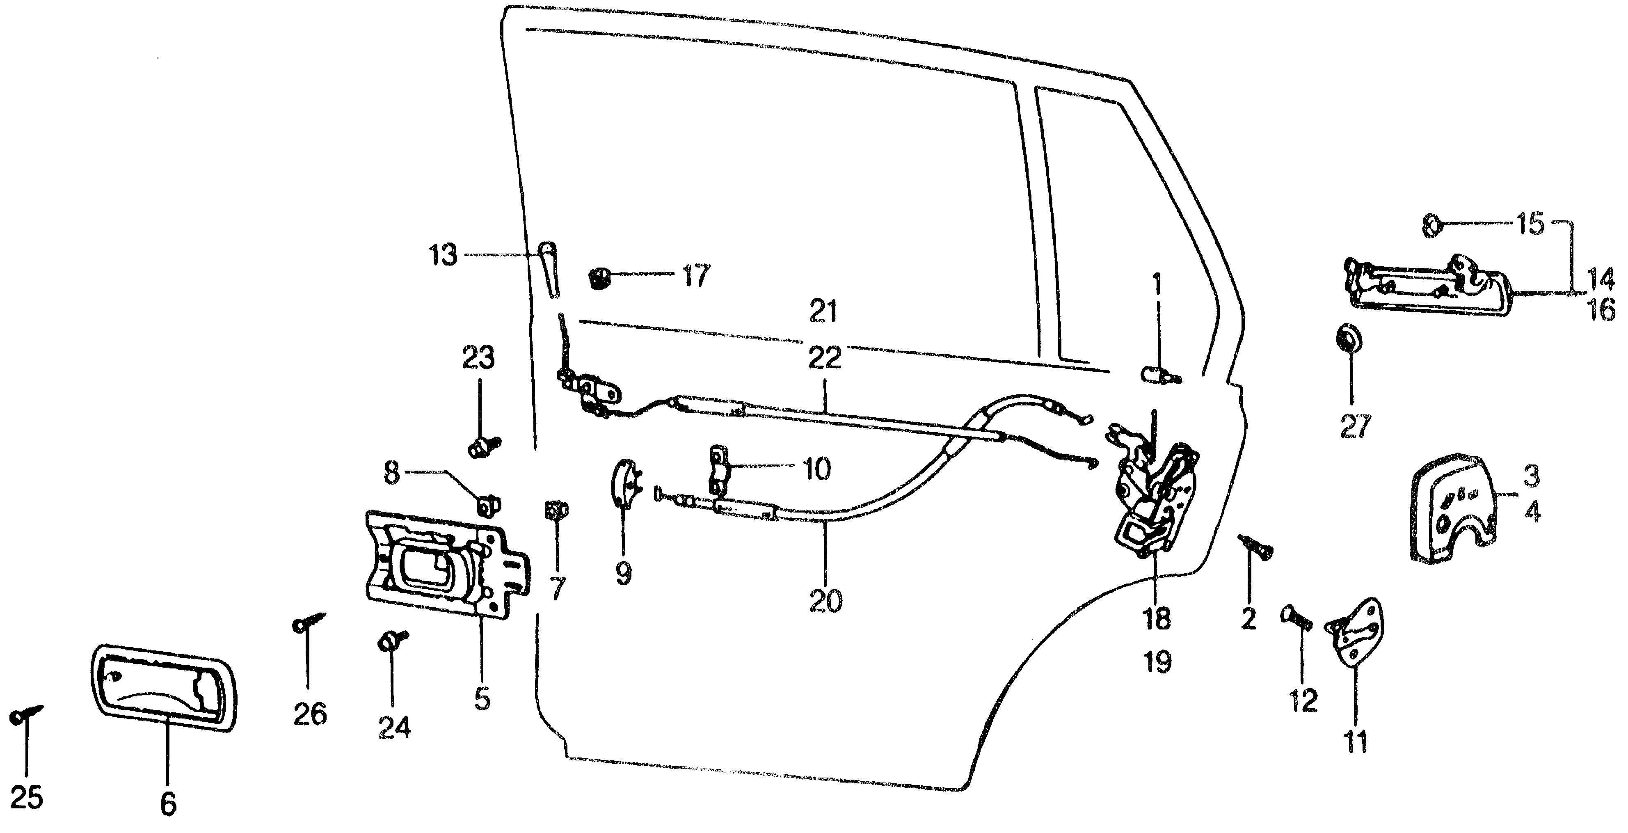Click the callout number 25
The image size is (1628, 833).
(x=27, y=798)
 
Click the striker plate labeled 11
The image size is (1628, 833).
(x=1356, y=632)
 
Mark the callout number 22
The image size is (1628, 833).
(x=825, y=358)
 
